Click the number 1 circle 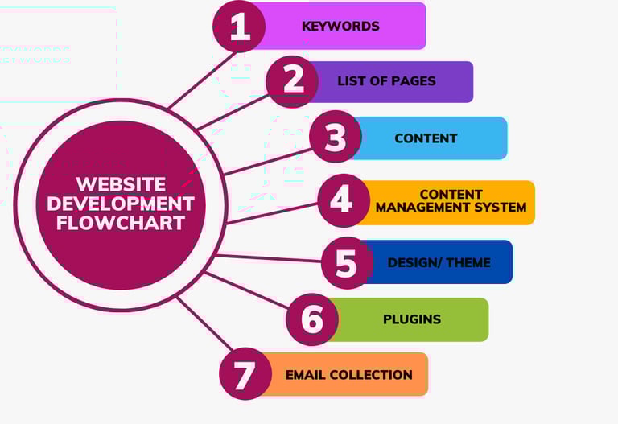239,27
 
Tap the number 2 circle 292,81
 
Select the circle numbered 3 335,138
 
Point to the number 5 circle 347,262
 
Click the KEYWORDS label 340,26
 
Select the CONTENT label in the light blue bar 426,138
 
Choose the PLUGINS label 412,319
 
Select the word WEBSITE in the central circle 121,184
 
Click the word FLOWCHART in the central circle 121,223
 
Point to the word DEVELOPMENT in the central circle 121,204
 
